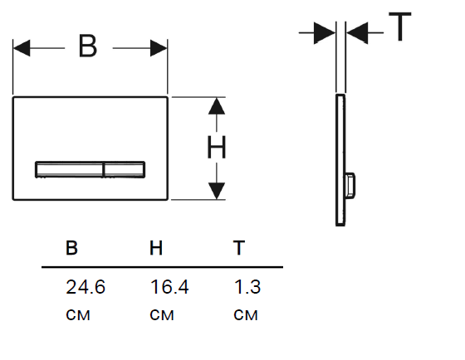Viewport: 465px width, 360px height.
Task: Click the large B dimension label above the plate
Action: click(88, 46)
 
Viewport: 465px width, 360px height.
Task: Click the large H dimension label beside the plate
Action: click(217, 147)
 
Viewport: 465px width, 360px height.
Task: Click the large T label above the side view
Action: click(400, 27)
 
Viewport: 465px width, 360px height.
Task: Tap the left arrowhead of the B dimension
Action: click(22, 48)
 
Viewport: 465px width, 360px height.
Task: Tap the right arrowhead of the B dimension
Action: click(159, 48)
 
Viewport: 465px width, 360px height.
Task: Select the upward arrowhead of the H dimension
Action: click(217, 106)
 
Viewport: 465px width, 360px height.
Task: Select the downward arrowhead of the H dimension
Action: click(217, 191)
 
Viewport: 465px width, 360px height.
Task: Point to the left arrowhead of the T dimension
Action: click(325, 32)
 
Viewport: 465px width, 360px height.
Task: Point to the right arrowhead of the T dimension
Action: click(357, 32)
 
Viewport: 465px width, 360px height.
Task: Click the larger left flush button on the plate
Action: click(69, 169)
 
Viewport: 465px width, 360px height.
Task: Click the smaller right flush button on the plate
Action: click(125, 169)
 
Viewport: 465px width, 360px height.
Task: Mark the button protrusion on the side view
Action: click(350, 186)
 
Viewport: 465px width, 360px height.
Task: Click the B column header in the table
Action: click(71, 248)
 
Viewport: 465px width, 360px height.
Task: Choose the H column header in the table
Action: click(156, 248)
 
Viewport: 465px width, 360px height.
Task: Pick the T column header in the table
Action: click(239, 248)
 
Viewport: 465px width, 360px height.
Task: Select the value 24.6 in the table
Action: click(86, 287)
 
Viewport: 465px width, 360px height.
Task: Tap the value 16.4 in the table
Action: click(169, 287)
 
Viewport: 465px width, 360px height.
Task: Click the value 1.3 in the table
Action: click(247, 287)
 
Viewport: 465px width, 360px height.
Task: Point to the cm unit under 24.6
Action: click(78, 315)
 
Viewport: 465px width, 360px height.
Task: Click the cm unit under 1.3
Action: click(246, 315)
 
